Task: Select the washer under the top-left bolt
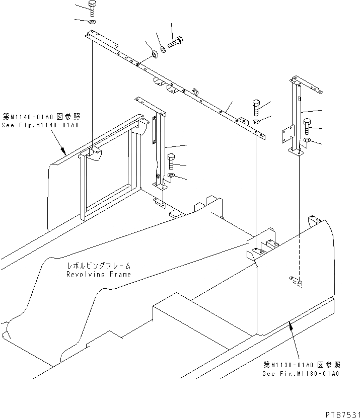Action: tap(93, 22)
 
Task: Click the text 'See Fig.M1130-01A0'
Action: tap(301, 374)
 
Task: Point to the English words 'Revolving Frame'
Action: tap(98, 274)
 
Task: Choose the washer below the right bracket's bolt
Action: tap(308, 140)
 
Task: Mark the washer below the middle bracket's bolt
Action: tap(171, 176)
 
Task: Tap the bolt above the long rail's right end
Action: tap(256, 107)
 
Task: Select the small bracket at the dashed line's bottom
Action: tap(296, 280)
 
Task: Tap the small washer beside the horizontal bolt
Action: tap(164, 49)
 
